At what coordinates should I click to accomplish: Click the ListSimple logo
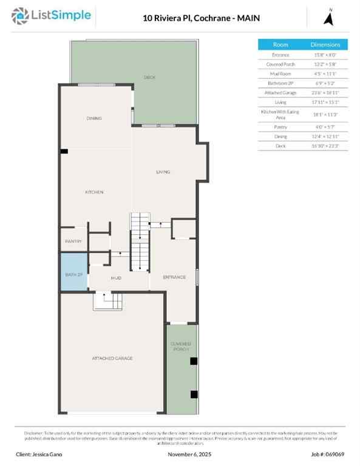(52, 16)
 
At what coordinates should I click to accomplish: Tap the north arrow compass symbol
(330, 18)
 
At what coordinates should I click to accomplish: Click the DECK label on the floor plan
(149, 77)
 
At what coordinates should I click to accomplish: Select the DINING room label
(94, 118)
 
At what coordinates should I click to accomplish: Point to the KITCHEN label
(94, 192)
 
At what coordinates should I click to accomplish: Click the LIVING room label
(163, 172)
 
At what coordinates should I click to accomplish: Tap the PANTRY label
(73, 241)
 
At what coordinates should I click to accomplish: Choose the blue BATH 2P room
(73, 274)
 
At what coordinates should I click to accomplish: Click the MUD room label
(116, 278)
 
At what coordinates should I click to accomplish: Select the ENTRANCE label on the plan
(174, 277)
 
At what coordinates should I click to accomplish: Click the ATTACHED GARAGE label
(112, 358)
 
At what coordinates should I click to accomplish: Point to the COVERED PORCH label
(180, 346)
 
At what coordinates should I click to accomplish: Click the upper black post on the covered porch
(194, 361)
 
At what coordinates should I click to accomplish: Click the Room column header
(280, 45)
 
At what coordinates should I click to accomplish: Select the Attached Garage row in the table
(280, 92)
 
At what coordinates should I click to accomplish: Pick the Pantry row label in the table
(280, 127)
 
